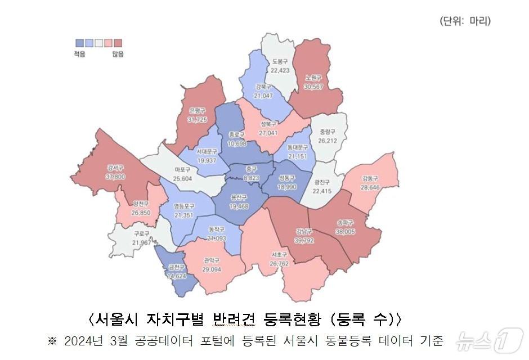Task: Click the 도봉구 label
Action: coord(280,61)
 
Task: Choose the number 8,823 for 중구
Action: coord(251,177)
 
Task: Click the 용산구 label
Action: coord(239,198)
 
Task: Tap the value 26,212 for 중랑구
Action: coord(328,141)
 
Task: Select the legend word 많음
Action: coord(118,54)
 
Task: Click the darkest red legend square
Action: coord(118,43)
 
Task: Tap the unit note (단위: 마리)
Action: coord(465,21)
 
